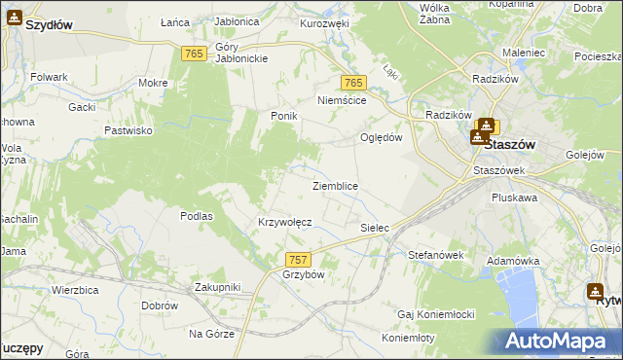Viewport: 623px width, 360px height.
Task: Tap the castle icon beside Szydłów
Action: pos(14,17)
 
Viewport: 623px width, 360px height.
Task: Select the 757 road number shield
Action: pos(298,259)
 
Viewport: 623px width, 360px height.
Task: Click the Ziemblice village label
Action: pos(335,186)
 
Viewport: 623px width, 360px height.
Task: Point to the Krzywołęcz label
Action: pos(284,222)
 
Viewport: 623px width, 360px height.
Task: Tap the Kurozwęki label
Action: pos(324,22)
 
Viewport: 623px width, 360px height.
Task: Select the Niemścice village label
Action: pos(342,100)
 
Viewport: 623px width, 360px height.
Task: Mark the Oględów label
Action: pos(382,137)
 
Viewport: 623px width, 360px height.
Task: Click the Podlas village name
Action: pos(197,216)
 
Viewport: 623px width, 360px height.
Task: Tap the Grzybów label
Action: pos(303,274)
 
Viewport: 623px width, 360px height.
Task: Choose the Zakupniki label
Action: pos(217,287)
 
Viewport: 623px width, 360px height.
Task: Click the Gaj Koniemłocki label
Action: pos(435,314)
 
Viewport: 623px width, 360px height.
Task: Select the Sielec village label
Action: pos(375,228)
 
